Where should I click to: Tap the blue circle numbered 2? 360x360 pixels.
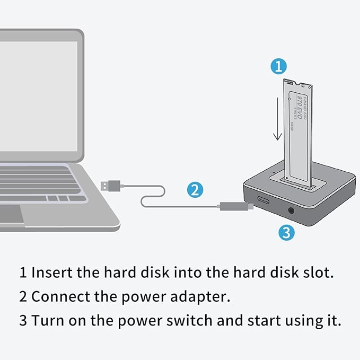click(x=195, y=189)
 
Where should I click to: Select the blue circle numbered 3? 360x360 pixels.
click(x=286, y=232)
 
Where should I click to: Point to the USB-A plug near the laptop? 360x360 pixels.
click(x=111, y=185)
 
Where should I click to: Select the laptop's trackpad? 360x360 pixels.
click(x=11, y=214)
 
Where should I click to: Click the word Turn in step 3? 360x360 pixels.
click(x=46, y=321)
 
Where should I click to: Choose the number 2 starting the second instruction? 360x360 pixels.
click(x=23, y=297)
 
